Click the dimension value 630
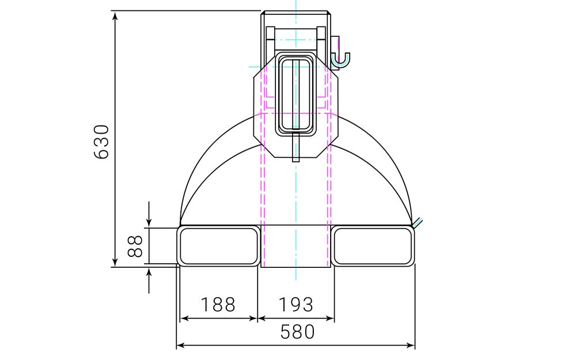coord(101,141)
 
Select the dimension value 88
coord(135,247)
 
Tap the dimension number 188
coord(218,304)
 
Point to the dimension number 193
coord(295,304)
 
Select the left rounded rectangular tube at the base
coord(218,247)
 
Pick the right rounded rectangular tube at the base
coord(373,247)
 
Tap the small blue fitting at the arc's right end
coord(419,222)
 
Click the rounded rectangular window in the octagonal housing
coord(295,95)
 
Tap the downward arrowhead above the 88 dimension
coord(149,222)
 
